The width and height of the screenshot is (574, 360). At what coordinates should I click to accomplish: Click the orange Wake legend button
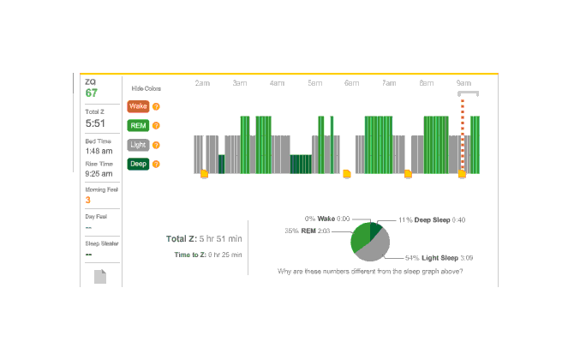click(x=137, y=106)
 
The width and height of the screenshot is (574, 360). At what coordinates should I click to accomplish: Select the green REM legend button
click(x=137, y=125)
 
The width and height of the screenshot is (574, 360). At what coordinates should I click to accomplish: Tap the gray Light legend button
click(x=137, y=145)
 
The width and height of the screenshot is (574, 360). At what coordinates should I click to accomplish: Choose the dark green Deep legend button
click(x=137, y=164)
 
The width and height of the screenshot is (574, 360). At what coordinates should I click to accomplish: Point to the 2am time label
click(x=202, y=83)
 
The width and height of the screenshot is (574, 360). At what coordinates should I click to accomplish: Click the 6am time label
click(x=351, y=83)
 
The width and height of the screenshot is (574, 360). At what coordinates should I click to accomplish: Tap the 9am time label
click(x=463, y=83)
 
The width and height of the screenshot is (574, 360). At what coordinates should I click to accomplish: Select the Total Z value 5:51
click(x=95, y=123)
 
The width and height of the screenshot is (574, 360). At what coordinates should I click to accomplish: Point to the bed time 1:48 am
click(x=99, y=151)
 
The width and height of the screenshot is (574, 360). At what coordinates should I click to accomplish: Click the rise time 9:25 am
click(x=99, y=173)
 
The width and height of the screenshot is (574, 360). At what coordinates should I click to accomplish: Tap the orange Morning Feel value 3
click(x=87, y=200)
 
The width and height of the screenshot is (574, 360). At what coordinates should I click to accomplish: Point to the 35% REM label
click(x=308, y=231)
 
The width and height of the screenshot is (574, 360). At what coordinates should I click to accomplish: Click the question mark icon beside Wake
click(x=156, y=106)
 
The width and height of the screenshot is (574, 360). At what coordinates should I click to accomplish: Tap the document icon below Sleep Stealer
click(x=100, y=276)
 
